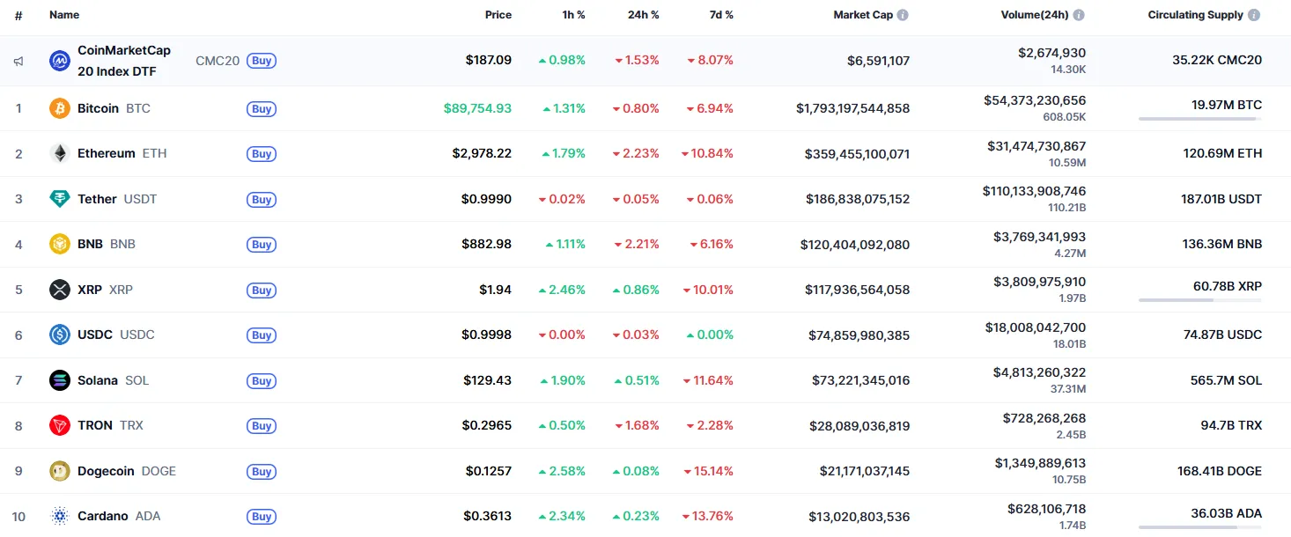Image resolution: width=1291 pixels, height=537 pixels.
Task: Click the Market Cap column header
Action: pos(863,15)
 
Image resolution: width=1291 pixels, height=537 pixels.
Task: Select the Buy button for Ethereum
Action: pos(262,154)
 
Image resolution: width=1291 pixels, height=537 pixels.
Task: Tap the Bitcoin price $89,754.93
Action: pos(477,108)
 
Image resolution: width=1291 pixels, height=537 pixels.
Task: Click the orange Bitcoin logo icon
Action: pos(60,108)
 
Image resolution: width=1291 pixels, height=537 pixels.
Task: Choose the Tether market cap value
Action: pos(857,199)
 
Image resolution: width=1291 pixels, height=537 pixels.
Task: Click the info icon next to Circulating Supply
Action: pos(1254,15)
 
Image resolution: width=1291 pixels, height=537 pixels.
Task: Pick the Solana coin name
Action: pos(97,380)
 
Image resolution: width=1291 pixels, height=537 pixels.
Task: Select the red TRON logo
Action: pos(60,426)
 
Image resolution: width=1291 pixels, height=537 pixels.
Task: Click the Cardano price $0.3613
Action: pos(487,517)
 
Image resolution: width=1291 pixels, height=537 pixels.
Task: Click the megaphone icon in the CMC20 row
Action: pos(18,62)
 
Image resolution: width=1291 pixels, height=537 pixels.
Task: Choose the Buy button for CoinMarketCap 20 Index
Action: pos(262,61)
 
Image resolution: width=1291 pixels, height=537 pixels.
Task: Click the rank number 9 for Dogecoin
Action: pos(18,471)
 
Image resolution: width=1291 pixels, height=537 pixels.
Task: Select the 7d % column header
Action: pos(721,15)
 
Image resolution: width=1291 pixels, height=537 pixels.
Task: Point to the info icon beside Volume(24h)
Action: pos(1079,15)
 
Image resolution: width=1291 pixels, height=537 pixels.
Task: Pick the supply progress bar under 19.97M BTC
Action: pos(1199,118)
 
